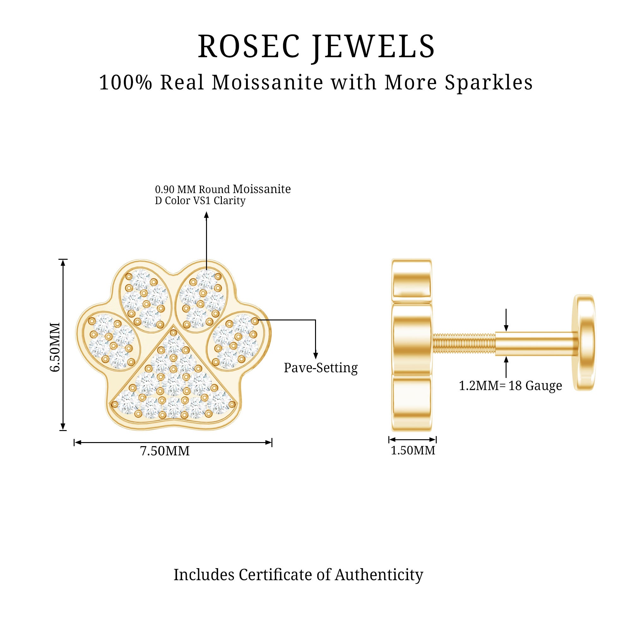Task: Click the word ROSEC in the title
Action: click(x=249, y=46)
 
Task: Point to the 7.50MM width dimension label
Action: click(x=165, y=451)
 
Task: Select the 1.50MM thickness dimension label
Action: click(x=413, y=450)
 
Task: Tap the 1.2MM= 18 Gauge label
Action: click(x=510, y=386)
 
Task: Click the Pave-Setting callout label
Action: click(x=320, y=368)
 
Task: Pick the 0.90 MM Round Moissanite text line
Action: click(x=223, y=189)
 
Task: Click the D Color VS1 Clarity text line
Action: click(x=200, y=201)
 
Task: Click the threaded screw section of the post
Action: click(x=464, y=344)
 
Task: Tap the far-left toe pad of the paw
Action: click(x=111, y=341)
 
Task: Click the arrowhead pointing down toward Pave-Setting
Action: click(x=316, y=356)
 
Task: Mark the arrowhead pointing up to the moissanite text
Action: click(x=206, y=215)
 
